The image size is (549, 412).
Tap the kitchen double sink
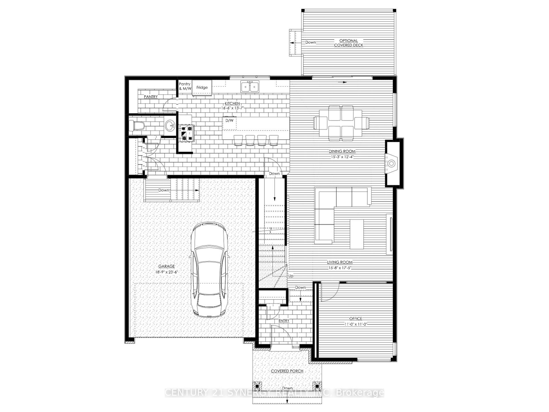250,86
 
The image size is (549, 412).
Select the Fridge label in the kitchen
202,88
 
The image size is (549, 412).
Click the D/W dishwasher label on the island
229,120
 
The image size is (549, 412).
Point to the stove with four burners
186,133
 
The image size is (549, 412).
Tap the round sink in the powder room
170,125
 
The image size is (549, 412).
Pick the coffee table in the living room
357,234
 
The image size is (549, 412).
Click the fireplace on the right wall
392,163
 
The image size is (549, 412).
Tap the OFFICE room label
355,318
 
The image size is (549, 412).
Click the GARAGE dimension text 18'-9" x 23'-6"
166,272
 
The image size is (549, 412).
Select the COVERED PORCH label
287,371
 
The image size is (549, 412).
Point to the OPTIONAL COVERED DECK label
349,43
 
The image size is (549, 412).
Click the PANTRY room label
151,97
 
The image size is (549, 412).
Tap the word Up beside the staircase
291,276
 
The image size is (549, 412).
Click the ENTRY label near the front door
284,321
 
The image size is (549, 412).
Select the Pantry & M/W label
185,86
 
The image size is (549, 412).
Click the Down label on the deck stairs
311,42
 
